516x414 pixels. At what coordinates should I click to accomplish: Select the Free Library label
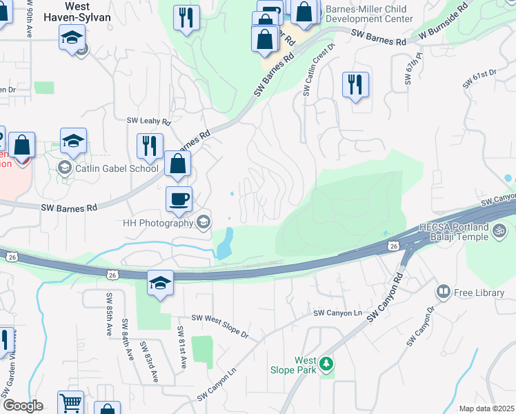479,293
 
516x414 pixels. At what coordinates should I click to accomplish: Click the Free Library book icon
443,293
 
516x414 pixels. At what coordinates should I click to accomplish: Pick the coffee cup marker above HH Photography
179,199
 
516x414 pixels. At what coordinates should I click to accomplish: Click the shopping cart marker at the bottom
70,403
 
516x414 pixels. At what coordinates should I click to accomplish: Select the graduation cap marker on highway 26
160,283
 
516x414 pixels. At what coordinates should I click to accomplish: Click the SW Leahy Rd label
148,121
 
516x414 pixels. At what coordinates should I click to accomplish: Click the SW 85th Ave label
109,315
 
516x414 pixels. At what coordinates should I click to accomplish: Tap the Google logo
22,406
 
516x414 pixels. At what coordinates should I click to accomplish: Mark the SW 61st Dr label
480,78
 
